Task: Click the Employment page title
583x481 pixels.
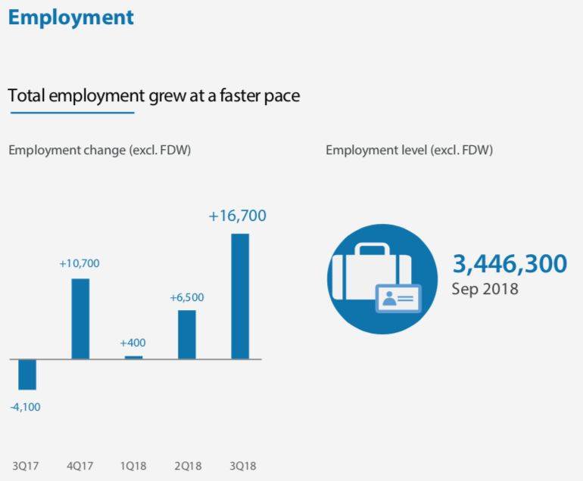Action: pos(71,17)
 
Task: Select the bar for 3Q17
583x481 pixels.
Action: pos(27,374)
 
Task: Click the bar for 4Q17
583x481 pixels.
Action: pos(80,318)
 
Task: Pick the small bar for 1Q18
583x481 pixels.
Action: pos(133,357)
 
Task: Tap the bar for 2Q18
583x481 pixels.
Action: pos(186,334)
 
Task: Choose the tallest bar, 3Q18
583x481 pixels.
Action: pos(239,296)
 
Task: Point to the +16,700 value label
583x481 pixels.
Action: pos(237,216)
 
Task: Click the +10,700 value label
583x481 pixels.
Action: pos(79,264)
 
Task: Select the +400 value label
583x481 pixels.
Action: pos(132,343)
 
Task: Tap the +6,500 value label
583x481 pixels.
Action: pos(186,297)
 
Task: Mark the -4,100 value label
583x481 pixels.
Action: pos(25,407)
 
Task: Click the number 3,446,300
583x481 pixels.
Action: pos(510,264)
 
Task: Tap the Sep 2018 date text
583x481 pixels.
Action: pos(485,288)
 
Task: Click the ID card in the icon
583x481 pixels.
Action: pos(398,299)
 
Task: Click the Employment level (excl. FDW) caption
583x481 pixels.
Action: pos(410,150)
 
